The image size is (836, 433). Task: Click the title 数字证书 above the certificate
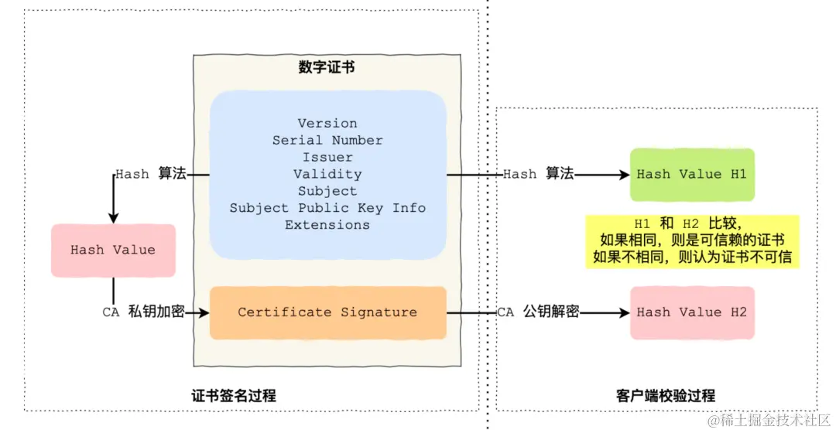(327, 67)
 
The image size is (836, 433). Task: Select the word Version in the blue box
(327, 124)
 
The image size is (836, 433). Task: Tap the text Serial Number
(327, 141)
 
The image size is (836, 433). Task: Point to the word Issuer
(327, 158)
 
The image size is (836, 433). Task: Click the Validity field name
(327, 175)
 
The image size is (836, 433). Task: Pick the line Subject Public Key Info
(327, 208)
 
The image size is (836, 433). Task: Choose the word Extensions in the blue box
(327, 225)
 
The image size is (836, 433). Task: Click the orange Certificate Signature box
(327, 312)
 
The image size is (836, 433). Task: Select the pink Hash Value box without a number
(113, 251)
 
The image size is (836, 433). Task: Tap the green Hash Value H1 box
(692, 175)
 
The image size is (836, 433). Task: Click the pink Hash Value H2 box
(692, 312)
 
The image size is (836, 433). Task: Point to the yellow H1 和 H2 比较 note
(692, 240)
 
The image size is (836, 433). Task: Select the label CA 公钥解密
(538, 312)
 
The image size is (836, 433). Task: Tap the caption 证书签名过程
(234, 396)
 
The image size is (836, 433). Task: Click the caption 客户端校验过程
(660, 396)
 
